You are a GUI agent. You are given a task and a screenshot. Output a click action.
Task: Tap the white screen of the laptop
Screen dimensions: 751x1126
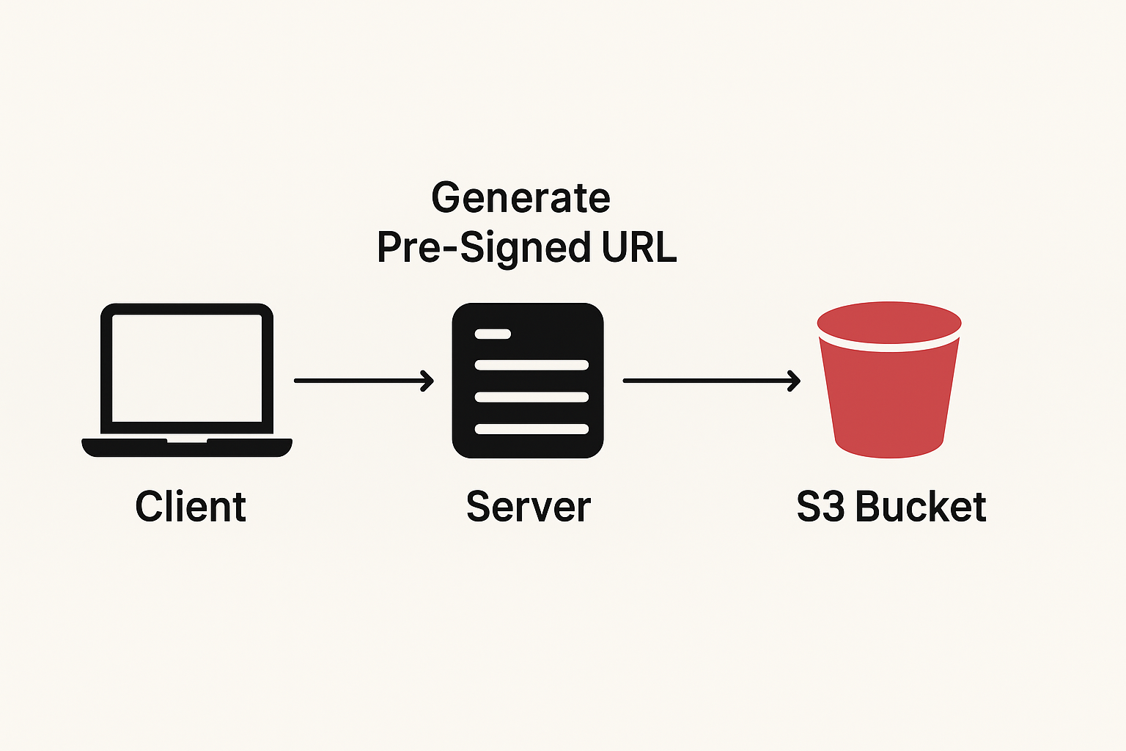tap(187, 368)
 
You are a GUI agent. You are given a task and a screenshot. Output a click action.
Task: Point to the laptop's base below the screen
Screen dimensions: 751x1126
tap(187, 447)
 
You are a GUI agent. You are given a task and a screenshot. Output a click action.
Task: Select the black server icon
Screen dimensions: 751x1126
tap(528, 381)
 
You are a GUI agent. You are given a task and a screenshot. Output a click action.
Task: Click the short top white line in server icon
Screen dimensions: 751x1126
tap(493, 334)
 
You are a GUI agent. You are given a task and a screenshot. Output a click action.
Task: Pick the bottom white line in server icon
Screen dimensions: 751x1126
tap(531, 429)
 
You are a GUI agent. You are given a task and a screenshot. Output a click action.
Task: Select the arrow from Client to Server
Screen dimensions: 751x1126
tap(363, 381)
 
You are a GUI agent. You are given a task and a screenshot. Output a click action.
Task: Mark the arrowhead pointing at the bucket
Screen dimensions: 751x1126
tap(794, 381)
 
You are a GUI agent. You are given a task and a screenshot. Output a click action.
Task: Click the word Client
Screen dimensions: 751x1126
tap(191, 507)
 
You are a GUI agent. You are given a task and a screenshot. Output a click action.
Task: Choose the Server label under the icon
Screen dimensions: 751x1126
tap(528, 507)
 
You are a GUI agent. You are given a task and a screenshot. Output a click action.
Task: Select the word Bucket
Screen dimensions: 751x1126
tap(921, 507)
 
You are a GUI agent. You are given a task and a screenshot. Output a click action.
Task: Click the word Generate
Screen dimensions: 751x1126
tap(520, 198)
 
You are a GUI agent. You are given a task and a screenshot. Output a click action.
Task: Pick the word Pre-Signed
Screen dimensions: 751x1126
tap(483, 248)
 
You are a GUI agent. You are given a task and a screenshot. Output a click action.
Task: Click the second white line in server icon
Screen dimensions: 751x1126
tap(531, 365)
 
